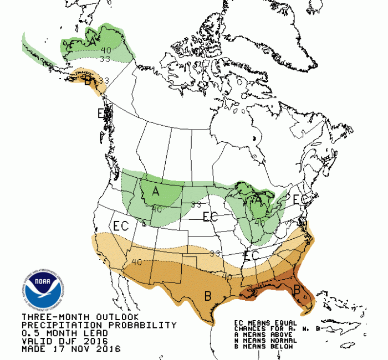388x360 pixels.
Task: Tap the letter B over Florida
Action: point(297,290)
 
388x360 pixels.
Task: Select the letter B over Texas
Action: point(208,296)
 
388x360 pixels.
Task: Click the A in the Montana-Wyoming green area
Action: point(156,192)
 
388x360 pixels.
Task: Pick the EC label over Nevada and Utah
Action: point(121,226)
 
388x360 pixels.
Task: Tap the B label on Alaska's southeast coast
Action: point(88,80)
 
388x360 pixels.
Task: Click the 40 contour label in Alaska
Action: point(105,50)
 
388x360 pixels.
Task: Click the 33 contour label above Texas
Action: point(215,253)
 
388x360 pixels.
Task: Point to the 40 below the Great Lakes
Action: point(259,224)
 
